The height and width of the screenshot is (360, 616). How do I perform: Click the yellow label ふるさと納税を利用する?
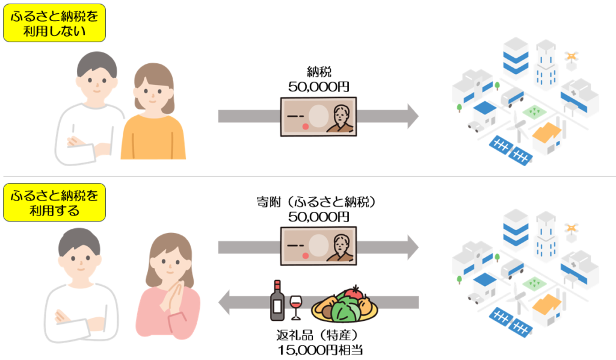[55, 202]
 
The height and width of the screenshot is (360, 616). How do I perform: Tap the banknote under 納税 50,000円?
[318, 116]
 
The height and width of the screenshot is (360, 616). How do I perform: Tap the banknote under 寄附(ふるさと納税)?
[318, 244]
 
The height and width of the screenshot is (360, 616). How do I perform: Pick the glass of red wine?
[296, 306]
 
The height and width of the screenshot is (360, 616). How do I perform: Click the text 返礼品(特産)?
[317, 335]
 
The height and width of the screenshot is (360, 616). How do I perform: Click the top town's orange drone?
[571, 57]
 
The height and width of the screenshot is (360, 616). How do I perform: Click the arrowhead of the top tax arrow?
[411, 116]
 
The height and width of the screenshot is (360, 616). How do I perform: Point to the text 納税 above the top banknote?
[318, 71]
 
